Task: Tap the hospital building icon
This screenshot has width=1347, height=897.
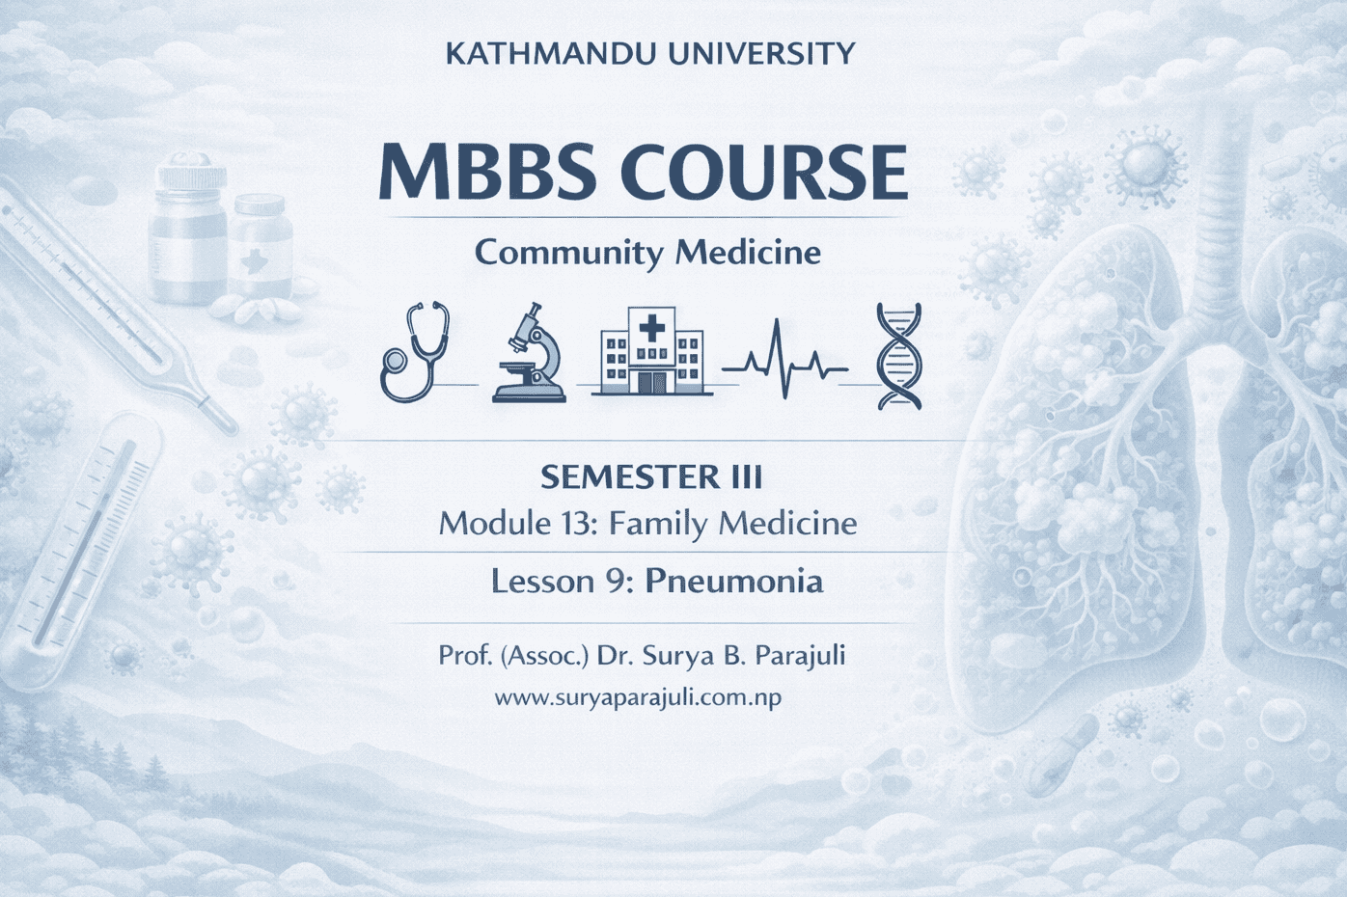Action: [650, 351]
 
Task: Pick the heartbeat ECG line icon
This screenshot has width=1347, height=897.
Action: [784, 359]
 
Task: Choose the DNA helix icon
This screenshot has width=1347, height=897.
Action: [899, 357]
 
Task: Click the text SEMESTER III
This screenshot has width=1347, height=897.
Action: [651, 478]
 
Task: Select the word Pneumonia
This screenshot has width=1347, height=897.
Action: [734, 583]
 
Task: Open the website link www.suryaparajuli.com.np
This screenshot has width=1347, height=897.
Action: [639, 699]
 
